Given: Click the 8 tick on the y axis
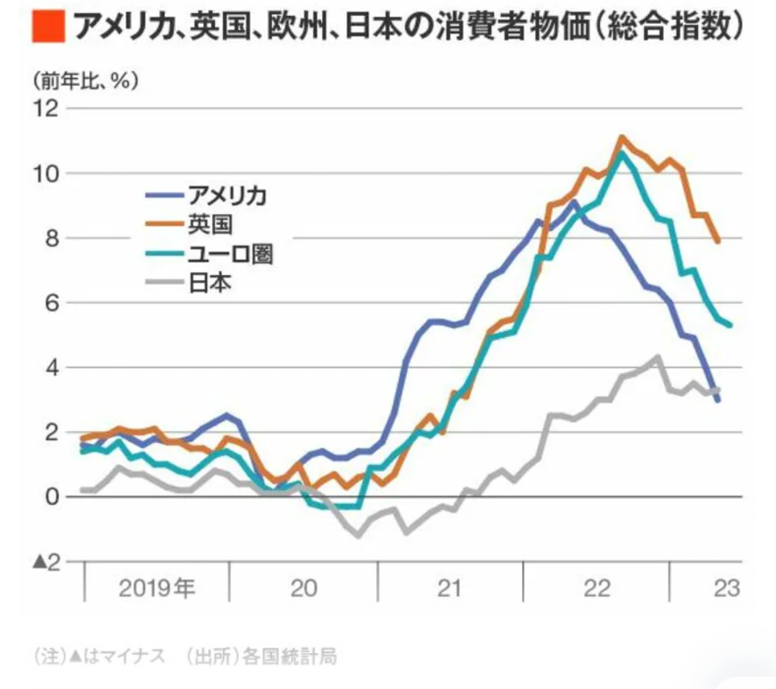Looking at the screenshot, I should [51, 239].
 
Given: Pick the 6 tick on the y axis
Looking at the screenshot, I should [51, 303].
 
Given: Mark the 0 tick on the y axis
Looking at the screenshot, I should [51, 497].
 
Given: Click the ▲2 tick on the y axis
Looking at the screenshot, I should [45, 562].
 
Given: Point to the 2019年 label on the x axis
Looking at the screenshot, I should [157, 589].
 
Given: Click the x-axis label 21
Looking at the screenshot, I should [448, 589].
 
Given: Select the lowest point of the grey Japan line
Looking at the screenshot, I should [358, 536].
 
